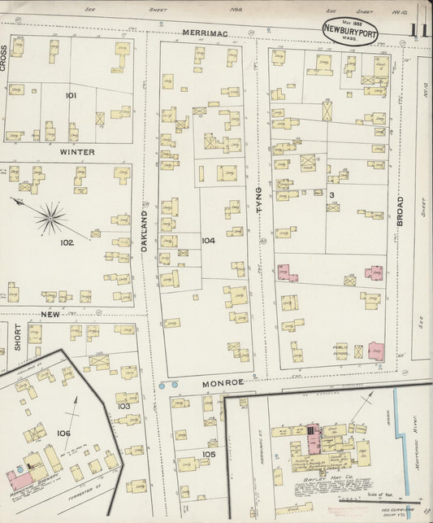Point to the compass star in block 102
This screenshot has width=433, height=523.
coord(50,217)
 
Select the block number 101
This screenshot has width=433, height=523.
coord(71,96)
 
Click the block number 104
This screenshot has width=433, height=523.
coord(209,241)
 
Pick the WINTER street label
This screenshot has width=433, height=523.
coord(76,152)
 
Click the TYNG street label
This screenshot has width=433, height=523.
coord(259,199)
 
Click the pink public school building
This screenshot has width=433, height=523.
coord(376,351)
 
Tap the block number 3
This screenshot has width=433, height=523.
coord(331,195)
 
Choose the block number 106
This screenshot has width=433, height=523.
coord(63,433)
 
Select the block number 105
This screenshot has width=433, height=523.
coord(209,454)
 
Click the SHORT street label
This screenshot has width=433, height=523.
coord(16,337)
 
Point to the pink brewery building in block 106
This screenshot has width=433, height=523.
coord(19,478)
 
